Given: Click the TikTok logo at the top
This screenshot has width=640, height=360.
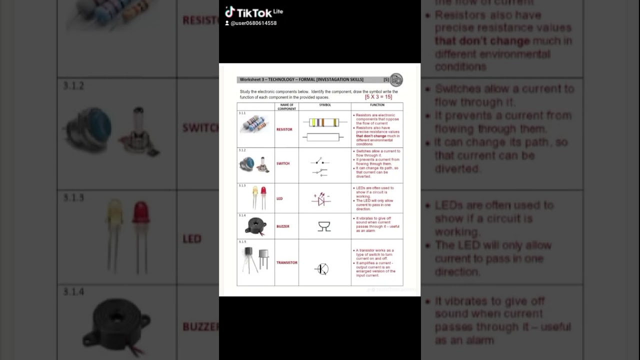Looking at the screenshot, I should [x=253, y=12].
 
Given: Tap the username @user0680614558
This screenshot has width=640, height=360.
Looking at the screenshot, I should [x=253, y=23].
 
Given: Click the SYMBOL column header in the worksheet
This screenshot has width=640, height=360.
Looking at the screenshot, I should [x=325, y=105].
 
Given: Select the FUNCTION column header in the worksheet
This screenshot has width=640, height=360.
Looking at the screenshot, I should [x=377, y=105].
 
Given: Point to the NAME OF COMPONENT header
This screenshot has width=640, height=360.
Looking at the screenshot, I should [x=286, y=106].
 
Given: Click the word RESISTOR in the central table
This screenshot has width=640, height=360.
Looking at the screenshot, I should [x=284, y=129].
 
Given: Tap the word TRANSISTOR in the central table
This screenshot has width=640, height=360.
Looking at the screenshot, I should [x=286, y=262].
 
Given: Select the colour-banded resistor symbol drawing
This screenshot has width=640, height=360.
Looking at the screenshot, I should [x=324, y=122].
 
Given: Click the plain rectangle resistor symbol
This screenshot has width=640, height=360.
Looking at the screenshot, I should [x=324, y=137].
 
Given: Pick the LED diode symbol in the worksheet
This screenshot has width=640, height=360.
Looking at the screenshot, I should [x=321, y=200].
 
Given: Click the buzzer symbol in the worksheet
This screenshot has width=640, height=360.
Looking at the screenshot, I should [x=324, y=226].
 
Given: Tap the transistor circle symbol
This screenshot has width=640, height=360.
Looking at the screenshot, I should [x=322, y=269].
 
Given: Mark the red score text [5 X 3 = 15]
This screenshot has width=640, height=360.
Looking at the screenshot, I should [x=378, y=97].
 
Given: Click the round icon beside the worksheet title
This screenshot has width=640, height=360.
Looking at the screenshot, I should [x=396, y=80].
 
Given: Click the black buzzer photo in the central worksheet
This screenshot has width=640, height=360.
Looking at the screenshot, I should [x=255, y=226].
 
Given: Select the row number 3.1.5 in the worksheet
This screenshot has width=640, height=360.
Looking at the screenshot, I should [x=242, y=242].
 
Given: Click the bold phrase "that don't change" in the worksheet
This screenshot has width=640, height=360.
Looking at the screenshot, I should [x=371, y=136].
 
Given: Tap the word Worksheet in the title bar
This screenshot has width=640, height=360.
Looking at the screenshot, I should [x=249, y=79].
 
